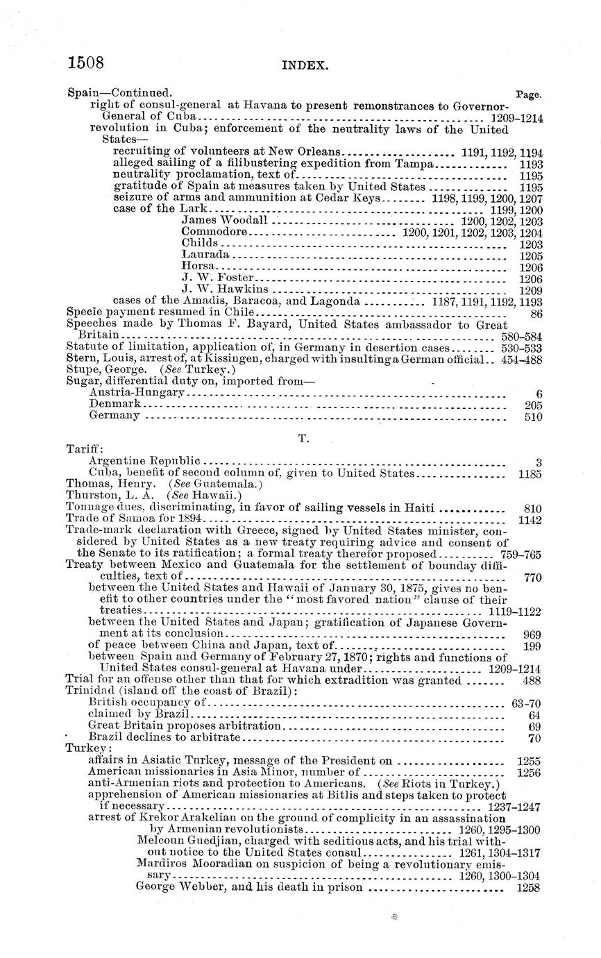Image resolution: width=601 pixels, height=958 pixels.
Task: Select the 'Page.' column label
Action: click(530, 93)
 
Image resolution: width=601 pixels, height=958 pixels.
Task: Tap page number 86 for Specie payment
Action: click(535, 313)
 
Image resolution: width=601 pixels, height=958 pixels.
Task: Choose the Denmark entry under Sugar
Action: click(115, 403)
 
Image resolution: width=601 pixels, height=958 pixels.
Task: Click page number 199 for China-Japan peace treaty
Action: click(532, 646)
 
